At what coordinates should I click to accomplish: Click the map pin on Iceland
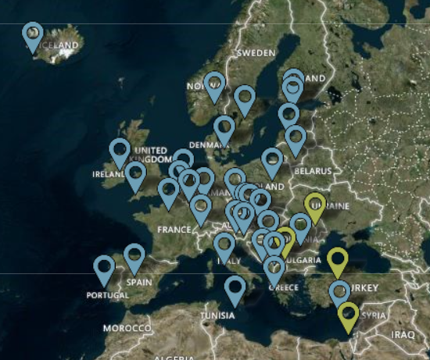coord(32,34)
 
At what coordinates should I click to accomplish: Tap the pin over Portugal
coord(104,269)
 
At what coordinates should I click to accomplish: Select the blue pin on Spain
coord(134,257)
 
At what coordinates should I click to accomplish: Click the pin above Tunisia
coord(235,289)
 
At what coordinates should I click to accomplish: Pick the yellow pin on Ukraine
coord(314,206)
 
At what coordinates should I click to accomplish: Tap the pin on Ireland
coord(120,151)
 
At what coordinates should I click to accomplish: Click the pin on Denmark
coord(224,129)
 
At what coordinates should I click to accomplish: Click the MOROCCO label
coord(127,329)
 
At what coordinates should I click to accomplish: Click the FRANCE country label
coord(174,230)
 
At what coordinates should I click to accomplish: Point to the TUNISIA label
coord(217,315)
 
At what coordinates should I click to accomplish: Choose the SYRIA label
coord(374,315)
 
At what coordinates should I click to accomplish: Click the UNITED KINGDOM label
coord(151,155)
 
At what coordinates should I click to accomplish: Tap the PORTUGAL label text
coord(109,296)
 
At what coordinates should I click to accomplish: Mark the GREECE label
coord(284,287)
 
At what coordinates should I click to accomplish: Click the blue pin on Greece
coord(274,269)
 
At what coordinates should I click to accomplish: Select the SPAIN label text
coord(138,281)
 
